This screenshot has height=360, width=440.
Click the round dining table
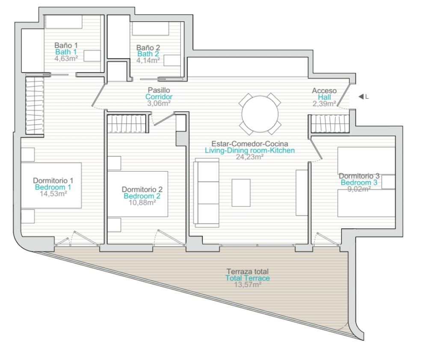pyautogui.click(x=260, y=114)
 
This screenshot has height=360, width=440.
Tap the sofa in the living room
pyautogui.click(x=207, y=193)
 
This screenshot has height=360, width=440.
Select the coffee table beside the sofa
pyautogui.click(x=241, y=193)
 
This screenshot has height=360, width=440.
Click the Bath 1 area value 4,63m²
pyautogui.click(x=66, y=59)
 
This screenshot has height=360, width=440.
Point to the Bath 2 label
pyautogui.click(x=148, y=54)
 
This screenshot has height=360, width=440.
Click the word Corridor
pyautogui.click(x=159, y=97)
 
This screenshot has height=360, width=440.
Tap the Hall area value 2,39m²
pyautogui.click(x=325, y=104)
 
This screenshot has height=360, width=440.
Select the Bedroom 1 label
pyautogui.click(x=53, y=187)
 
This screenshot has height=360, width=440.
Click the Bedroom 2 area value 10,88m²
pyautogui.click(x=142, y=203)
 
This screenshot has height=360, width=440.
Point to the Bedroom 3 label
pyautogui.click(x=359, y=183)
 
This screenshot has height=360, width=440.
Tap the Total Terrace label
pyautogui.click(x=248, y=278)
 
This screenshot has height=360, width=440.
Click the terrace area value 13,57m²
pyautogui.click(x=248, y=285)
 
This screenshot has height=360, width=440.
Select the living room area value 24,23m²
pyautogui.click(x=250, y=157)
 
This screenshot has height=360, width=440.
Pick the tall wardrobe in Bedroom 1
pyautogui.click(x=35, y=106)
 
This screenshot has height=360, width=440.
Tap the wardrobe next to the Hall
pyautogui.click(x=330, y=124)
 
